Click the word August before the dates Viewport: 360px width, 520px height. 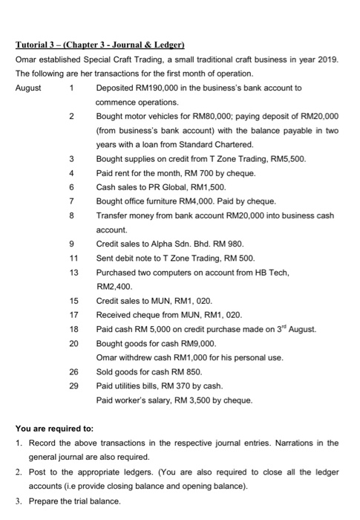(30, 88)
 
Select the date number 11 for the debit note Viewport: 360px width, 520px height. (72, 257)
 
